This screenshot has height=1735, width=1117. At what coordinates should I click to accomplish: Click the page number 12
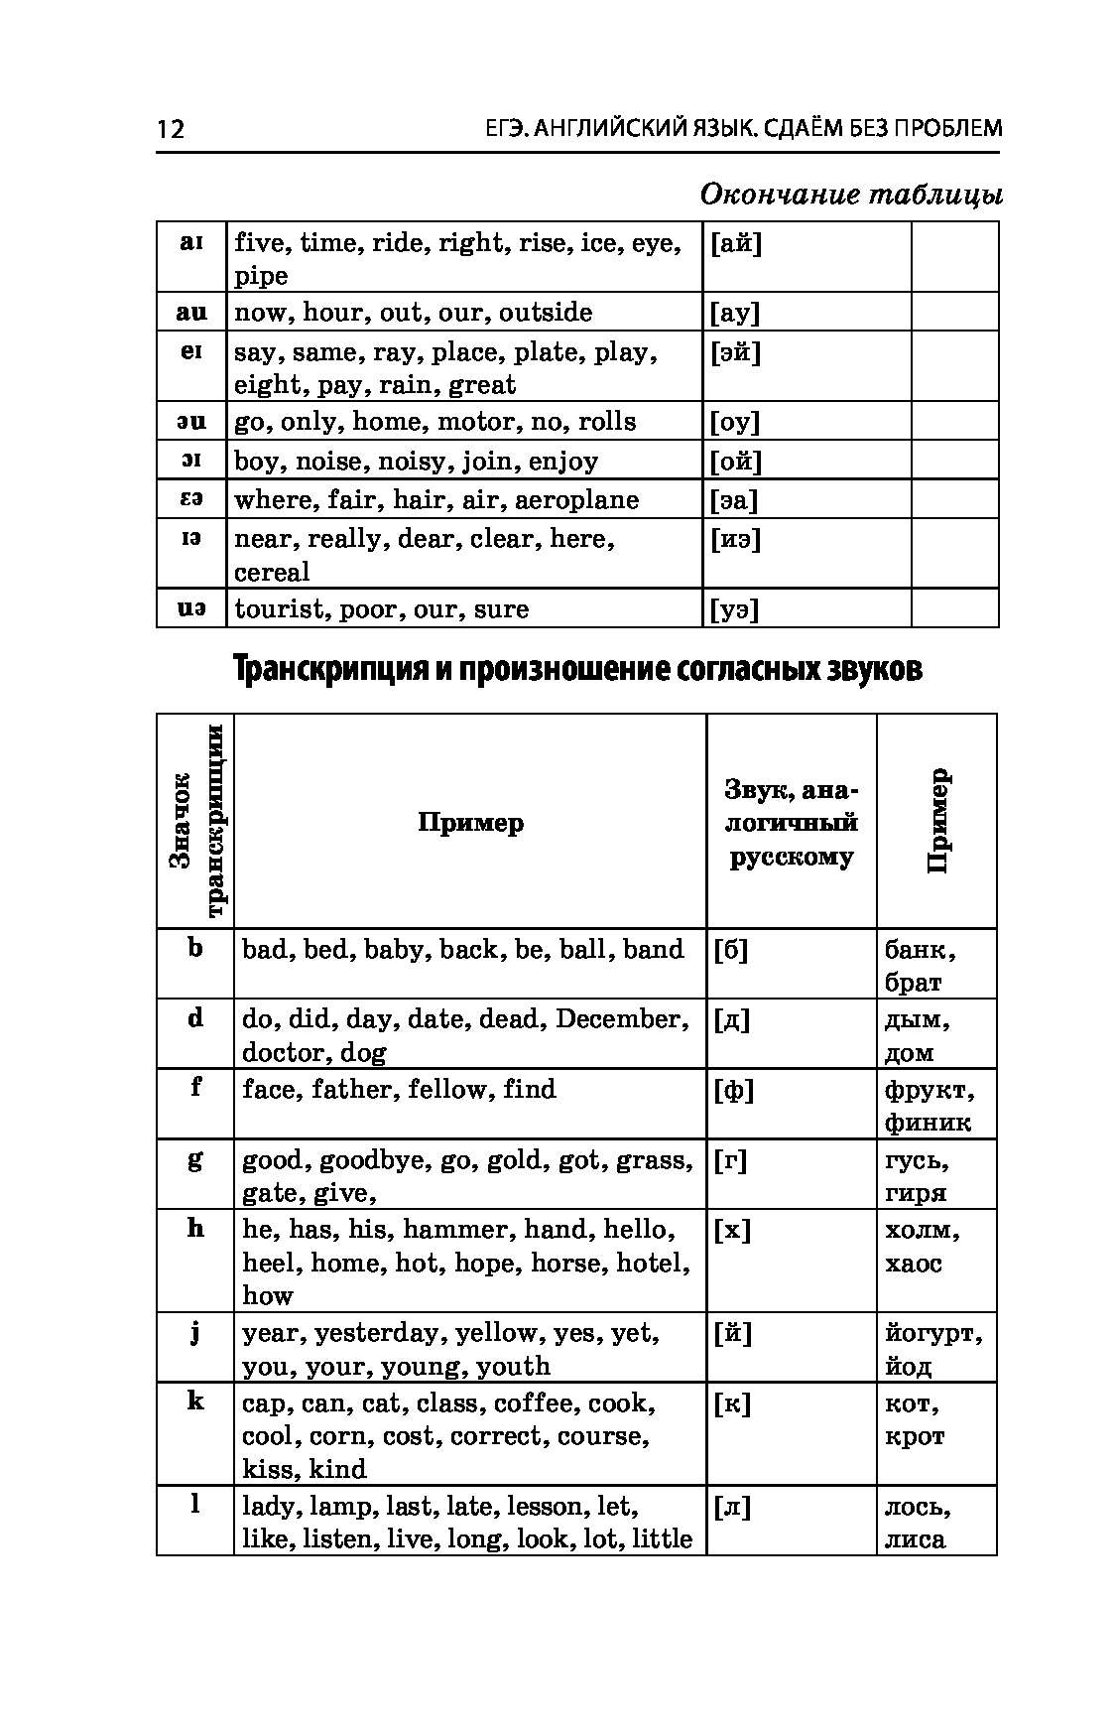pos(170,129)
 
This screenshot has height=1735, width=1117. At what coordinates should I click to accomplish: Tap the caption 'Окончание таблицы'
pos(850,194)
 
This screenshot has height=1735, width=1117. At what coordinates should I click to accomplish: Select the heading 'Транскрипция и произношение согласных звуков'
pos(577,670)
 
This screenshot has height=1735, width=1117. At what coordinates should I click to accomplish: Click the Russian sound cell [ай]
pos(736,243)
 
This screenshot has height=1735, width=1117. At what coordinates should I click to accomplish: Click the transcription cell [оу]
pos(735,422)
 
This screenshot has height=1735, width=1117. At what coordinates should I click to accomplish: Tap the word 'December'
pos(622,1019)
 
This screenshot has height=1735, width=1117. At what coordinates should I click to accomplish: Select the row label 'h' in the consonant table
pos(195,1228)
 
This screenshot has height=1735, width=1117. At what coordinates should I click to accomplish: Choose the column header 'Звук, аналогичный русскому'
pos(791,823)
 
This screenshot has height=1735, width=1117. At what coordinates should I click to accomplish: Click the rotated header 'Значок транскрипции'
pos(195,822)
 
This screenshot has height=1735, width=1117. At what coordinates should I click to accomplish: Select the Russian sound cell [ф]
pos(733,1091)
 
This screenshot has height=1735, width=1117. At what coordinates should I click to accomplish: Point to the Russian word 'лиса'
pos(915,1539)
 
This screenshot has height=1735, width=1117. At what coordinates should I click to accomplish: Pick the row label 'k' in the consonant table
pos(195,1401)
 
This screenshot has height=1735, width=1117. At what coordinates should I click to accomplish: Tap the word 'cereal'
pos(272,573)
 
